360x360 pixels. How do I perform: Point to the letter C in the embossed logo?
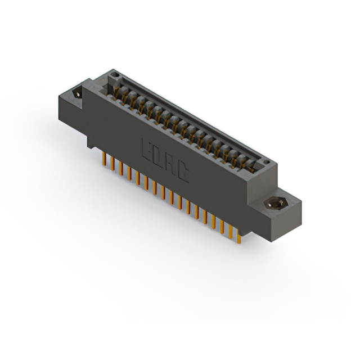[x=182, y=175]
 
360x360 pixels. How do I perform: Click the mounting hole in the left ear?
[x=77, y=93]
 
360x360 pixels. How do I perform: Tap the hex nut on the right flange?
[x=275, y=204]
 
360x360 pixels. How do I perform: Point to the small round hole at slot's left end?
[x=115, y=74]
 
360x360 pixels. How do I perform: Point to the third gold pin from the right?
[x=222, y=227]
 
